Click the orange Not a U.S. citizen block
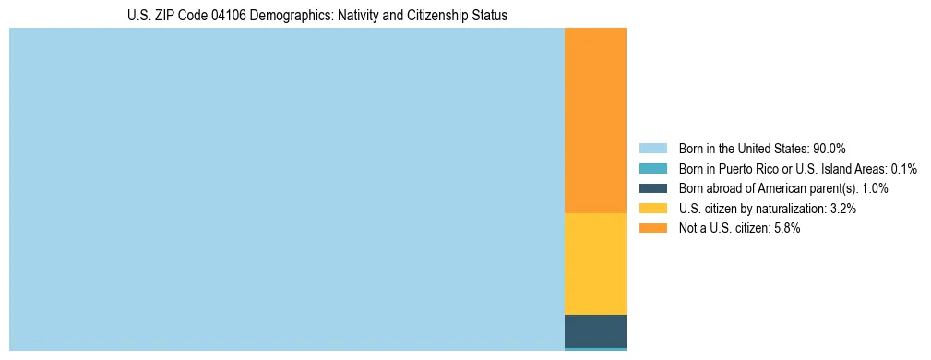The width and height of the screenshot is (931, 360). click(595, 120)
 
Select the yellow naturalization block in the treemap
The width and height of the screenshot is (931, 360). click(595, 264)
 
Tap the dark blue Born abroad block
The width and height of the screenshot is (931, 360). click(595, 330)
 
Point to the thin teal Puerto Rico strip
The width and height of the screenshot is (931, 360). click(595, 349)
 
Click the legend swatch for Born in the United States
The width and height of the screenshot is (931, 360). click(653, 149)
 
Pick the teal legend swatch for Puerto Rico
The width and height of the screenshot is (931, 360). click(653, 169)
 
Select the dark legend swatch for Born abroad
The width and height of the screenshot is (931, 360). click(653, 188)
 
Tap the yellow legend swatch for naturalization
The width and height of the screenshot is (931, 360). click(653, 209)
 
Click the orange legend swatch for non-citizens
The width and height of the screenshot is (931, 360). click(653, 229)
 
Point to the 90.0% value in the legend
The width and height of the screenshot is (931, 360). click(830, 149)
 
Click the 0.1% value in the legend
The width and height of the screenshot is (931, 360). click(903, 169)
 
